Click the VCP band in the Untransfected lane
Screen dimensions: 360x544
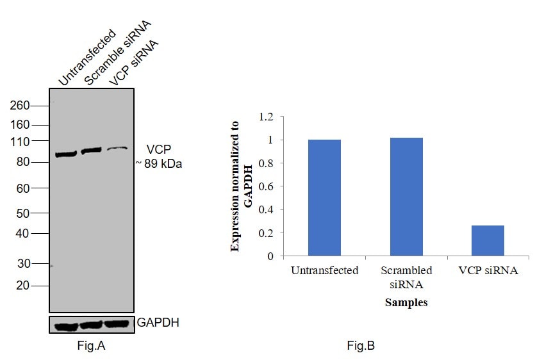[x=65, y=154]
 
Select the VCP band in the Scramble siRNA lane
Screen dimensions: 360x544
[x=91, y=150]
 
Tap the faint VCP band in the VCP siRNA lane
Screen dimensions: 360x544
[x=117, y=148]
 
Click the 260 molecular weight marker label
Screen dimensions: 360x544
[x=20, y=106]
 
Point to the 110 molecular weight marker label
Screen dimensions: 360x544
[x=20, y=141]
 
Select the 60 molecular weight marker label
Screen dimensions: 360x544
[x=22, y=188]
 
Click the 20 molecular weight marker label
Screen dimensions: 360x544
[x=22, y=286]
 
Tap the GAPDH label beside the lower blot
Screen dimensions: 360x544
[x=158, y=323]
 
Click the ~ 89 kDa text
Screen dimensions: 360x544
[x=159, y=164]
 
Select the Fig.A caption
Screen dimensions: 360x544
[x=90, y=347]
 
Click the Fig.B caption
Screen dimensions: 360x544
[x=361, y=347]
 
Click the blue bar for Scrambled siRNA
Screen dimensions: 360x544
[x=406, y=197]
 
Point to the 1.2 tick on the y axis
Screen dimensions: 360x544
[x=266, y=117]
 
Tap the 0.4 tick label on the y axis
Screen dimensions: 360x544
[x=266, y=209]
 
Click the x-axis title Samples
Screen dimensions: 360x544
[x=406, y=302]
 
